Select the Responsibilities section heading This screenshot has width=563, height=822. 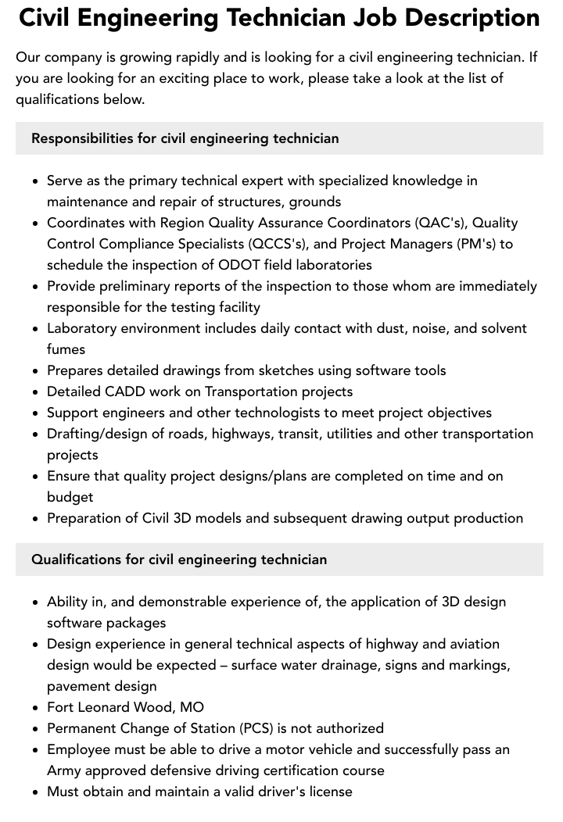(x=185, y=138)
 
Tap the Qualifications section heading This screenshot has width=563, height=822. (x=179, y=559)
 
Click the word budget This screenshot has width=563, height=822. (x=70, y=497)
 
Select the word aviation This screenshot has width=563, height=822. (x=472, y=644)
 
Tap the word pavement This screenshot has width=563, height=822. (x=79, y=686)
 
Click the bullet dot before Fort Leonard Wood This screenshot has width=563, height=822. (x=37, y=708)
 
